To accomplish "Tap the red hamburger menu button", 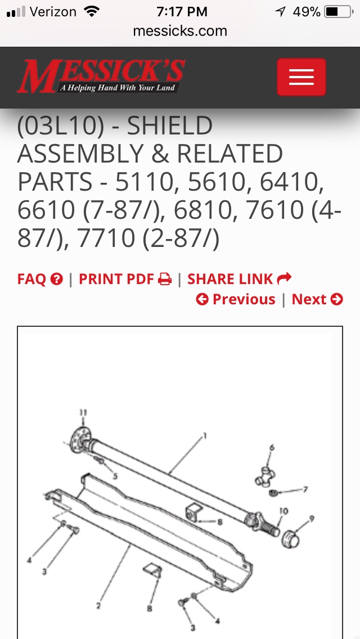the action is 301,77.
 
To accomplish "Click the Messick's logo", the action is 101,76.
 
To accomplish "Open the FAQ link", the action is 40,279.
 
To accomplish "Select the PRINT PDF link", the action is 125,279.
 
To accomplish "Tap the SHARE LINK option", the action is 239,279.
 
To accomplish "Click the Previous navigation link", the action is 236,299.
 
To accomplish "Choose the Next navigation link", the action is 317,299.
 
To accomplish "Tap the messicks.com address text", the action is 180,31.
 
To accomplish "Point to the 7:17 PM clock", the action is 182,12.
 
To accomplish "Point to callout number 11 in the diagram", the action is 83,413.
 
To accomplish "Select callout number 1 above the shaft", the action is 205,436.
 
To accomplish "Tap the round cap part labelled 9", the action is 291,539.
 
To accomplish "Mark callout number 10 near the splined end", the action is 283,511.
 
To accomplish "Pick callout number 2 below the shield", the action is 98,606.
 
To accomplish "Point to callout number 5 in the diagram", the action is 115,475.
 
